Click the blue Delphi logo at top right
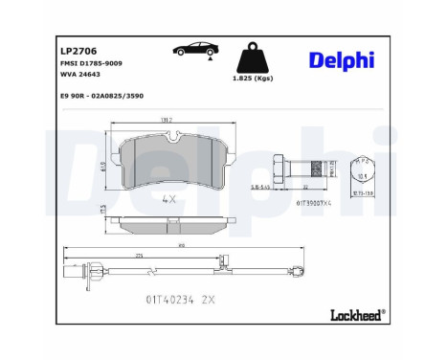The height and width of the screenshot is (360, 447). pyautogui.click(x=342, y=60)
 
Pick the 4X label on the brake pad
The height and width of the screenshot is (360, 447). pyautogui.click(x=170, y=200)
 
